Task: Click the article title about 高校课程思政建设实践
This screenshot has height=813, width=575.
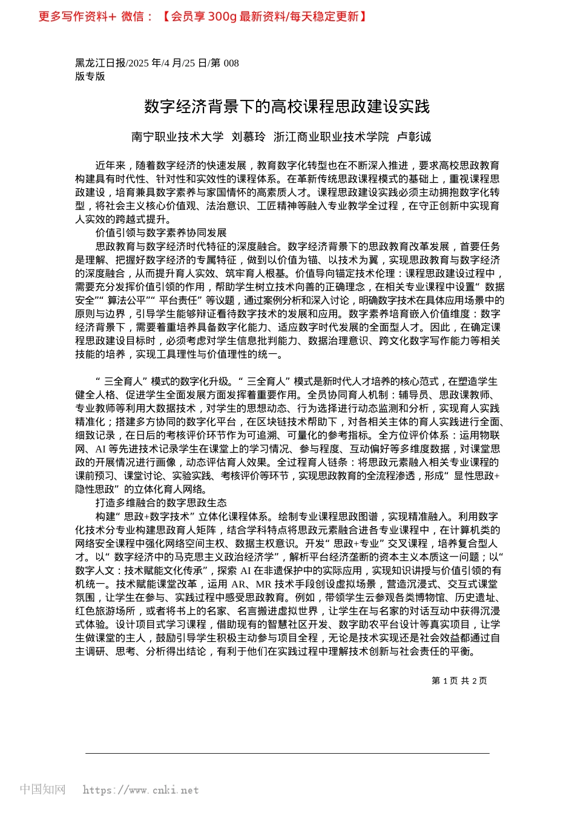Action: [x=287, y=107]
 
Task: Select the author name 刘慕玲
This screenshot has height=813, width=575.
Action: [x=248, y=137]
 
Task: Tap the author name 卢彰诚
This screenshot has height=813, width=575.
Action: [x=413, y=137]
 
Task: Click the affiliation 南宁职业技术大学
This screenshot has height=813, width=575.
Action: [x=177, y=137]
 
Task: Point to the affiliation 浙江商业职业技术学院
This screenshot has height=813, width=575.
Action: [x=331, y=137]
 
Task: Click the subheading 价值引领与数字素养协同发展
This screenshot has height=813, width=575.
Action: [x=161, y=233]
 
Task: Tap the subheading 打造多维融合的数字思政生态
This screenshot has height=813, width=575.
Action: [x=161, y=503]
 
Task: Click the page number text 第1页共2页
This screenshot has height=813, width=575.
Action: [x=459, y=681]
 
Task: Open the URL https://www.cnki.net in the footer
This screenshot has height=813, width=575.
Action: [x=140, y=790]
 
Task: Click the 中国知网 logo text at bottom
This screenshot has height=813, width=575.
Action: [x=42, y=789]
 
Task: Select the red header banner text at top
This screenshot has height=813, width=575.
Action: [x=203, y=16]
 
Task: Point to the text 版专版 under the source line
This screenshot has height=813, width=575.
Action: [x=90, y=76]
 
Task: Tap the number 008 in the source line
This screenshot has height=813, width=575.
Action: [x=231, y=63]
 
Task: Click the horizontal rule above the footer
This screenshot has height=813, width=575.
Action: [x=287, y=753]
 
